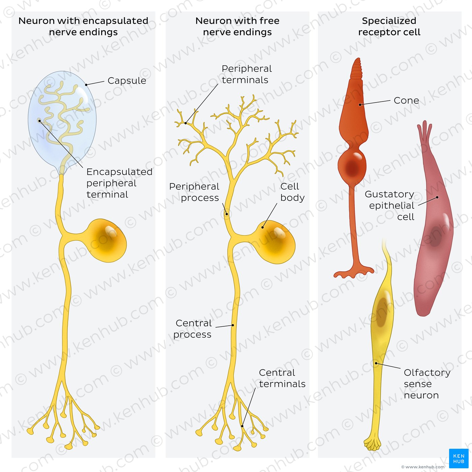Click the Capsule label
tap(127, 81)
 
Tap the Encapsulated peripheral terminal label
tap(119, 183)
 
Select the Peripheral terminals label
tap(246, 74)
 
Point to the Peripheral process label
tap(195, 192)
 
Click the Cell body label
tap(292, 192)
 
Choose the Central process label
tap(193, 329)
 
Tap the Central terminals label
tap(282, 378)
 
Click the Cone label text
tap(406, 100)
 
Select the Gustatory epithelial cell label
tap(390, 205)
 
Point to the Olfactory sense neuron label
tap(426, 384)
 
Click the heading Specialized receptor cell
tap(389, 26)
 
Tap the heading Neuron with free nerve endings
tap(237, 26)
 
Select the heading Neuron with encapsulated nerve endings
tap(83, 26)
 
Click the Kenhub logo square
tap(459, 459)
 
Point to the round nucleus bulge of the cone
tap(352, 165)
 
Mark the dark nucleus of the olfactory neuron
tap(381, 312)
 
